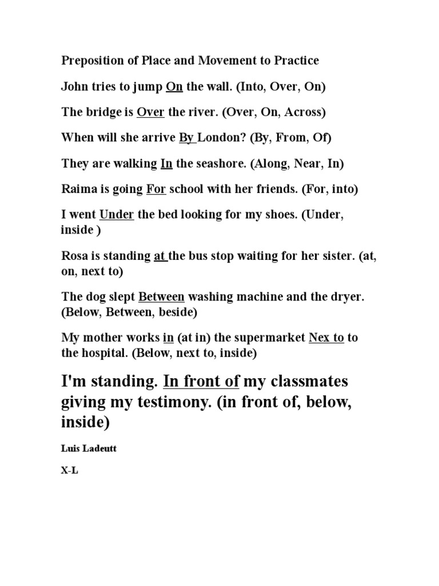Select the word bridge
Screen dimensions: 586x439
click(x=103, y=112)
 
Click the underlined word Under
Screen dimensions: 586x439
click(x=117, y=215)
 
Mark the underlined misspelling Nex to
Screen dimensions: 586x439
click(x=326, y=338)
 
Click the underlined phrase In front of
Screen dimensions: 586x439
click(x=201, y=381)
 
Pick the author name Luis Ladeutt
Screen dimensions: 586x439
click(x=89, y=449)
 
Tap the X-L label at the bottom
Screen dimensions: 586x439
click(x=69, y=473)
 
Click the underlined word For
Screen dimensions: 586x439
click(x=156, y=189)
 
